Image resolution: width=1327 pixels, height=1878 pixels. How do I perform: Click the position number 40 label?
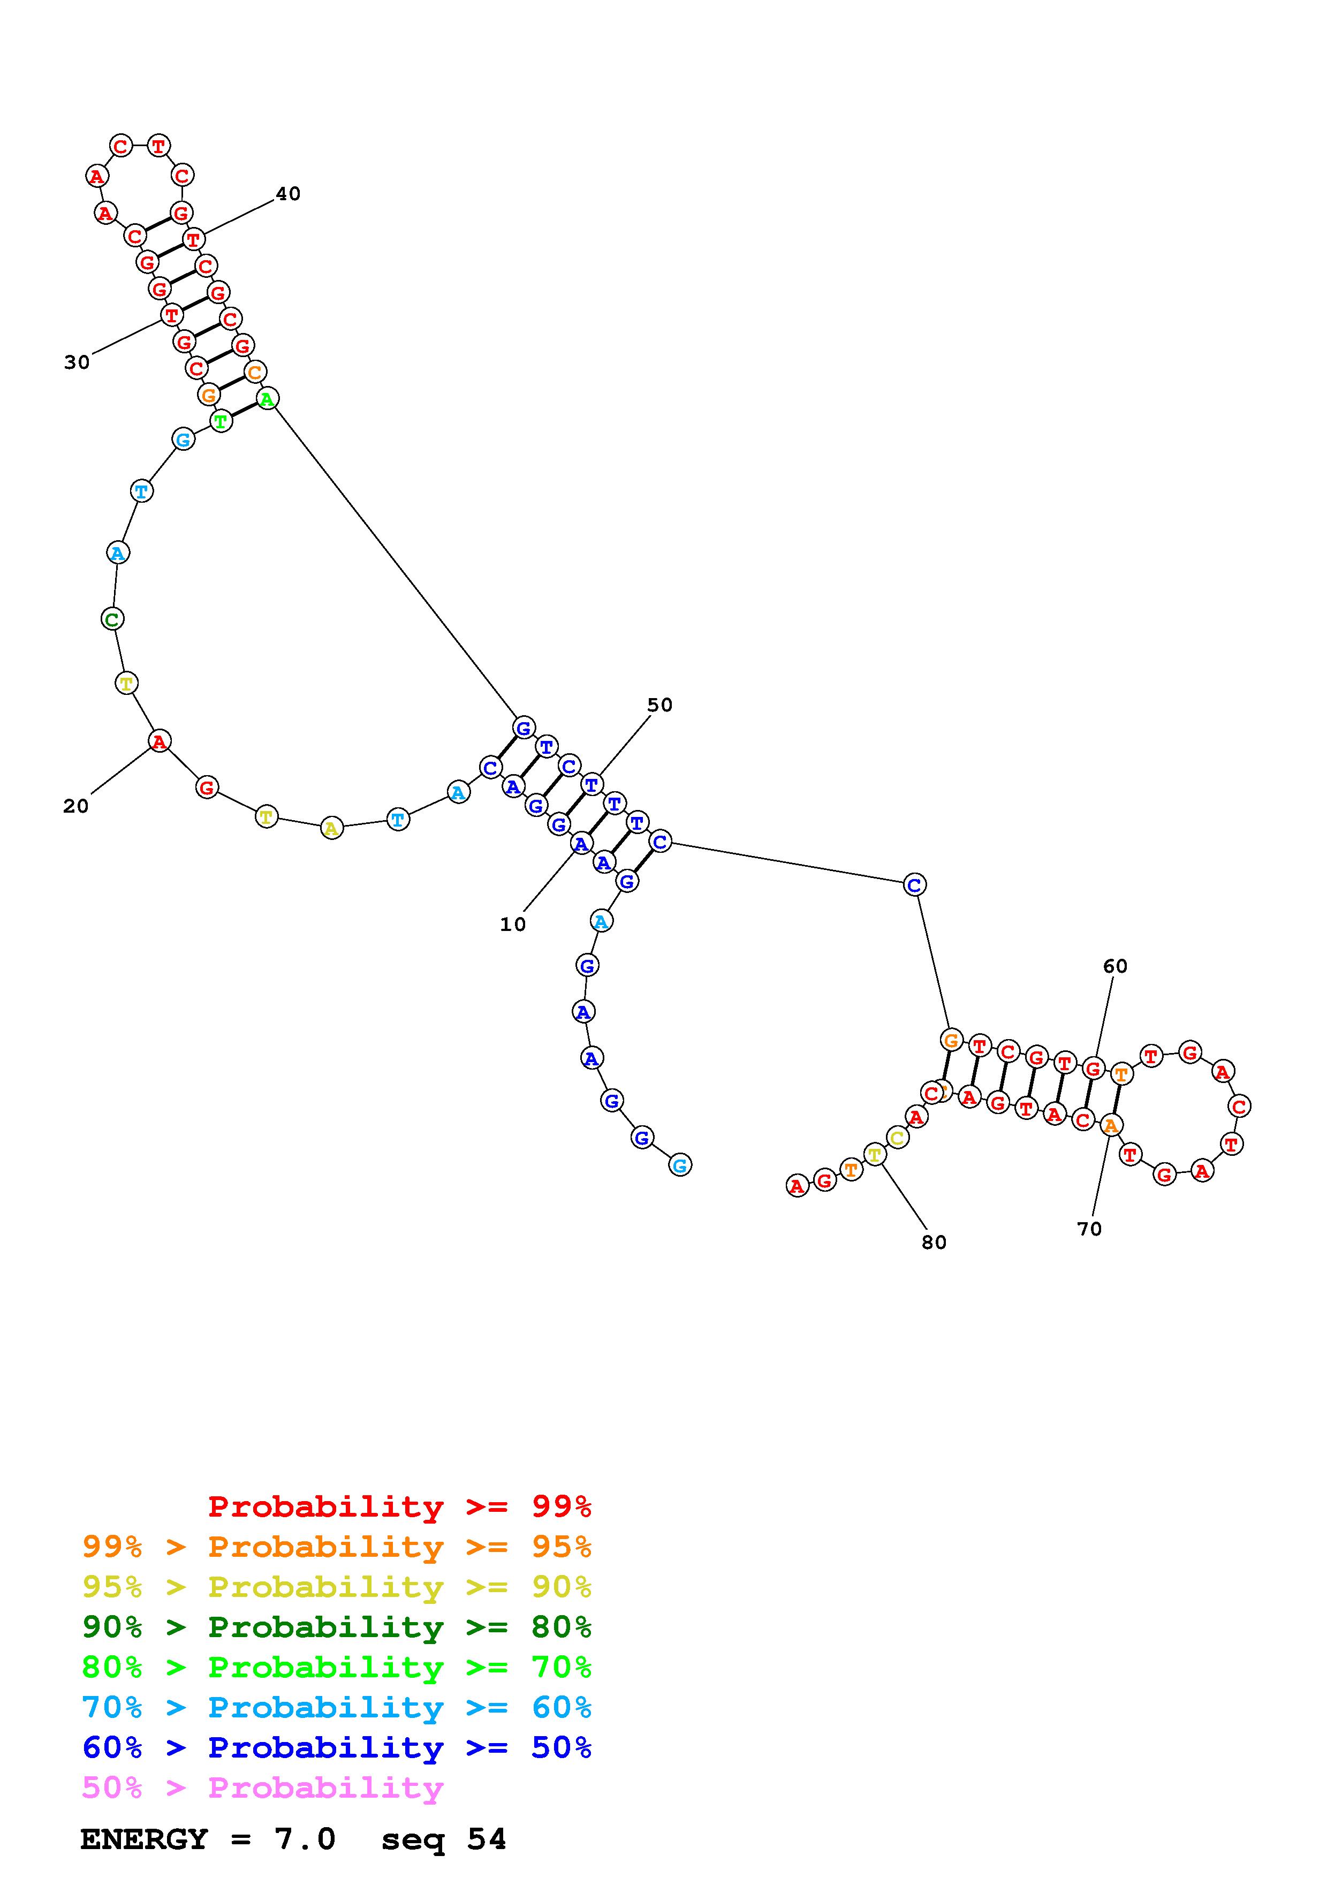click(x=288, y=194)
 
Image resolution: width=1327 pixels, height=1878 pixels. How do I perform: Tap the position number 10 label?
click(x=513, y=924)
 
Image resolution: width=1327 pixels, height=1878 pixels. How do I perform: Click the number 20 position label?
click(x=76, y=806)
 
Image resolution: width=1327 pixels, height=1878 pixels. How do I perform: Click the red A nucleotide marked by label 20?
click(x=160, y=741)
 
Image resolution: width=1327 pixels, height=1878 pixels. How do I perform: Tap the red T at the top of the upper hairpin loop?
click(x=158, y=146)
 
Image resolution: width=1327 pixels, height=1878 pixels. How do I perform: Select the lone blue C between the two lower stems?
click(x=915, y=884)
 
